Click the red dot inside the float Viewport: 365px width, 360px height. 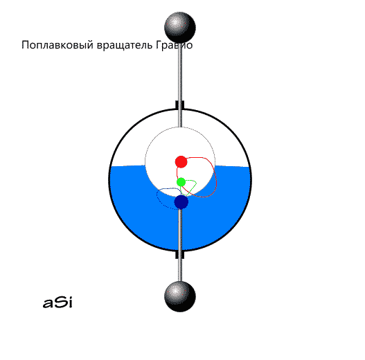[181, 162]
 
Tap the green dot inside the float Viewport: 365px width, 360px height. [181, 182]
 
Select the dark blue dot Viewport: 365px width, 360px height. [181, 202]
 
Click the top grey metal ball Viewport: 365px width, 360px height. [180, 28]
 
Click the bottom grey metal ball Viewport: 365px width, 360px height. [180, 296]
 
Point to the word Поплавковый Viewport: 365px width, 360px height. [57, 45]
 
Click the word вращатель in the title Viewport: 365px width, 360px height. [125, 45]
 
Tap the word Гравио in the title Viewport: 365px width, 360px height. [174, 45]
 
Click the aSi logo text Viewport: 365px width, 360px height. [57, 303]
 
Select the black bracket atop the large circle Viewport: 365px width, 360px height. [179, 105]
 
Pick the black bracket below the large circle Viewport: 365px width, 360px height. [179, 254]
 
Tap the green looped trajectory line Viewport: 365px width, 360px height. [195, 184]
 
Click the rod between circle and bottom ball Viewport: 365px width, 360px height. [180, 270]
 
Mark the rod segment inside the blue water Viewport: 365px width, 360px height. [180, 229]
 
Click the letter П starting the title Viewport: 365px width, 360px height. [25, 45]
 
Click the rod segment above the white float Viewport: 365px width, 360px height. [180, 118]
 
